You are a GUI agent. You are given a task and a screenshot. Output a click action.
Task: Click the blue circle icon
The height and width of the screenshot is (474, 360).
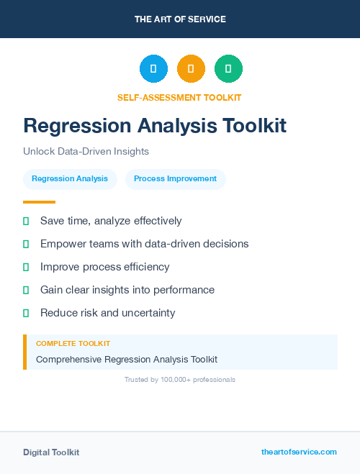pos(153,69)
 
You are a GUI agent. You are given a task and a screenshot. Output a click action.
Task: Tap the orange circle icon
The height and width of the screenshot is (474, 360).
pos(191,69)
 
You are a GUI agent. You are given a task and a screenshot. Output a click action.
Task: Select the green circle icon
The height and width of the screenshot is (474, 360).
pos(228,69)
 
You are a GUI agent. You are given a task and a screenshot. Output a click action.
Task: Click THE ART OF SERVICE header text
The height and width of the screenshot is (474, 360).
pos(180,19)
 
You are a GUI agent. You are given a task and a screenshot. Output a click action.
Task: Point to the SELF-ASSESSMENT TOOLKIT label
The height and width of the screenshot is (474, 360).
pos(179,97)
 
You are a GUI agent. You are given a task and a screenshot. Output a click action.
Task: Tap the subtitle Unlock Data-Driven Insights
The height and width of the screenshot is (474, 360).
pos(86,152)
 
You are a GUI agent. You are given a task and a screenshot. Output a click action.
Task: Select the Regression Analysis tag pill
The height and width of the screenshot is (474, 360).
pos(70,179)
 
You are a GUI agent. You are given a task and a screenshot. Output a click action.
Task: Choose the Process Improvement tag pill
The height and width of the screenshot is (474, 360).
pos(175,179)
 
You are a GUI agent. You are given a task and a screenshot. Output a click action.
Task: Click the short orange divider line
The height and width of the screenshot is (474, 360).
pos(39,202)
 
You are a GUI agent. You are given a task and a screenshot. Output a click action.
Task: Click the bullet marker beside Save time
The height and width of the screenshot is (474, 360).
pos(26,221)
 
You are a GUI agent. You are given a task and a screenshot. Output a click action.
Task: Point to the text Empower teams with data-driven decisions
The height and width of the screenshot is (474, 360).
pos(144,244)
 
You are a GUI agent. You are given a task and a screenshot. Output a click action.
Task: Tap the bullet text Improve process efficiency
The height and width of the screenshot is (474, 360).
pos(104,267)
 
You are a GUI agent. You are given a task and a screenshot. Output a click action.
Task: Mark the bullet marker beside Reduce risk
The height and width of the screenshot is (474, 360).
pos(26,313)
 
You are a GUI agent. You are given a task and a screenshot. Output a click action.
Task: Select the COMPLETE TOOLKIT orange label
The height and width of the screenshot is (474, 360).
pos(73,344)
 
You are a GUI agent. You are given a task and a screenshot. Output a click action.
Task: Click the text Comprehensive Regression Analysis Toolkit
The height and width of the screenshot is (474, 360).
pos(127,359)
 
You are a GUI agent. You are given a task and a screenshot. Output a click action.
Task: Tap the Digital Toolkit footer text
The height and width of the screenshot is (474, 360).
pos(51,452)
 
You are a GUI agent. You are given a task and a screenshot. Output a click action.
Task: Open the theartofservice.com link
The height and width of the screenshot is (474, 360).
pos(299,452)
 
